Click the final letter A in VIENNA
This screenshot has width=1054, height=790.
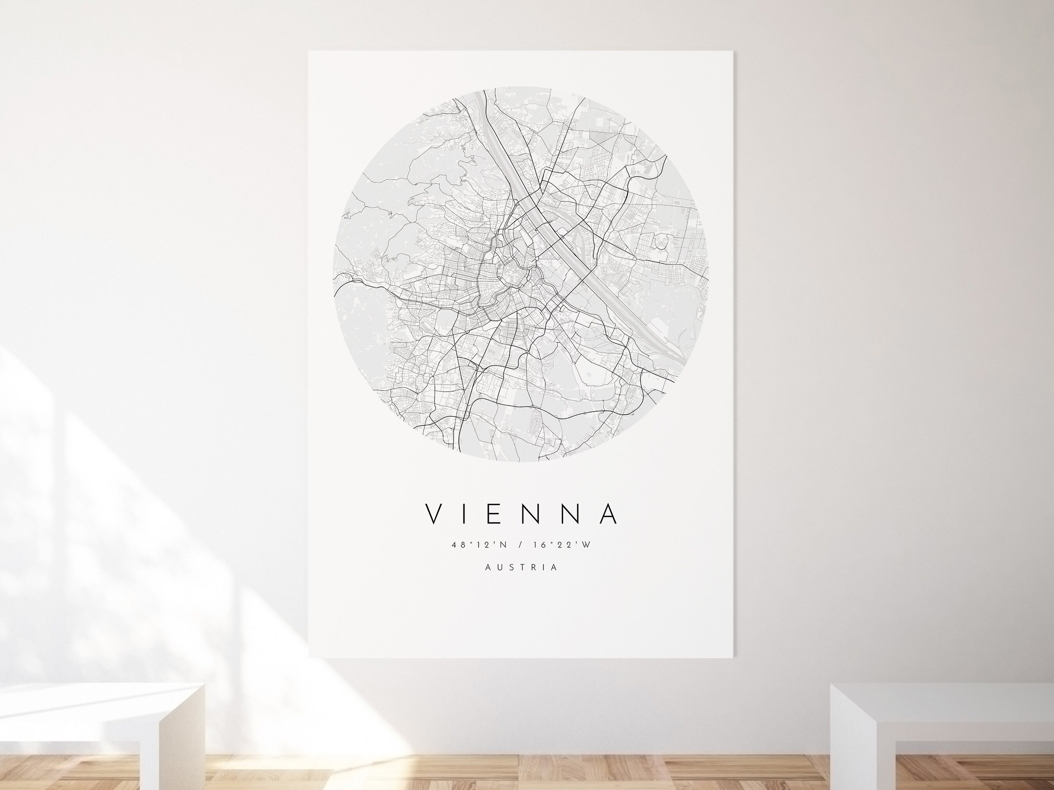[x=610, y=512]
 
